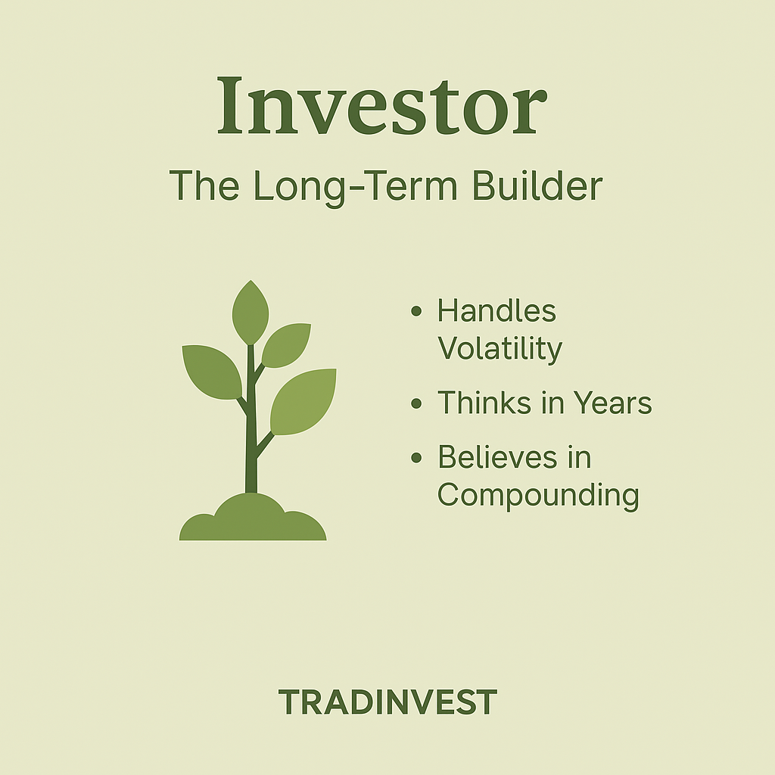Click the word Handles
[496, 311]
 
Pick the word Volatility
[500, 349]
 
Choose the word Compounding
[538, 496]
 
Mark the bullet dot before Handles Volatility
[416, 312]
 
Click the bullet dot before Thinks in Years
[416, 404]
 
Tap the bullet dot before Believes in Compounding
[416, 458]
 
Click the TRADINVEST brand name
[387, 702]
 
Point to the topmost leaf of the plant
[251, 312]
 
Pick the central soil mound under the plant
[251, 518]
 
